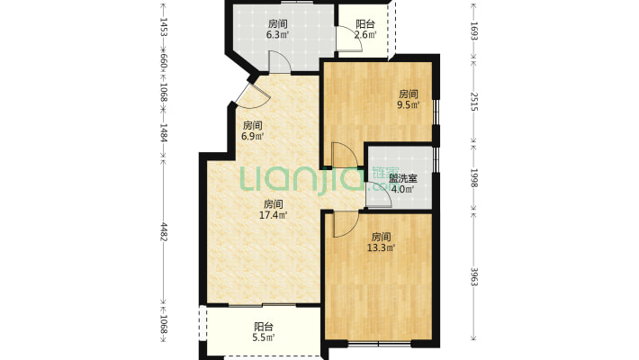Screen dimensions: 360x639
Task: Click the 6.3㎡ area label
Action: pyautogui.click(x=277, y=36)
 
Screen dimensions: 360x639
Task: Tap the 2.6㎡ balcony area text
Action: pyautogui.click(x=364, y=36)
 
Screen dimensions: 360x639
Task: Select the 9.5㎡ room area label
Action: pyautogui.click(x=409, y=104)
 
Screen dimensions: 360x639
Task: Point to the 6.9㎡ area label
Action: pyautogui.click(x=252, y=137)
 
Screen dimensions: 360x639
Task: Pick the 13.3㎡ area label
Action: pyautogui.click(x=382, y=247)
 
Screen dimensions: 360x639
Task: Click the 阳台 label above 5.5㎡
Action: pyautogui.click(x=263, y=327)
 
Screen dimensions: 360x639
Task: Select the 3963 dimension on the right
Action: pyautogui.click(x=473, y=276)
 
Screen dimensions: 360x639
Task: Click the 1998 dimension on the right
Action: pyautogui.click(x=473, y=177)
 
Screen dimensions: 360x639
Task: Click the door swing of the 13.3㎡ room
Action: pyautogui.click(x=344, y=225)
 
